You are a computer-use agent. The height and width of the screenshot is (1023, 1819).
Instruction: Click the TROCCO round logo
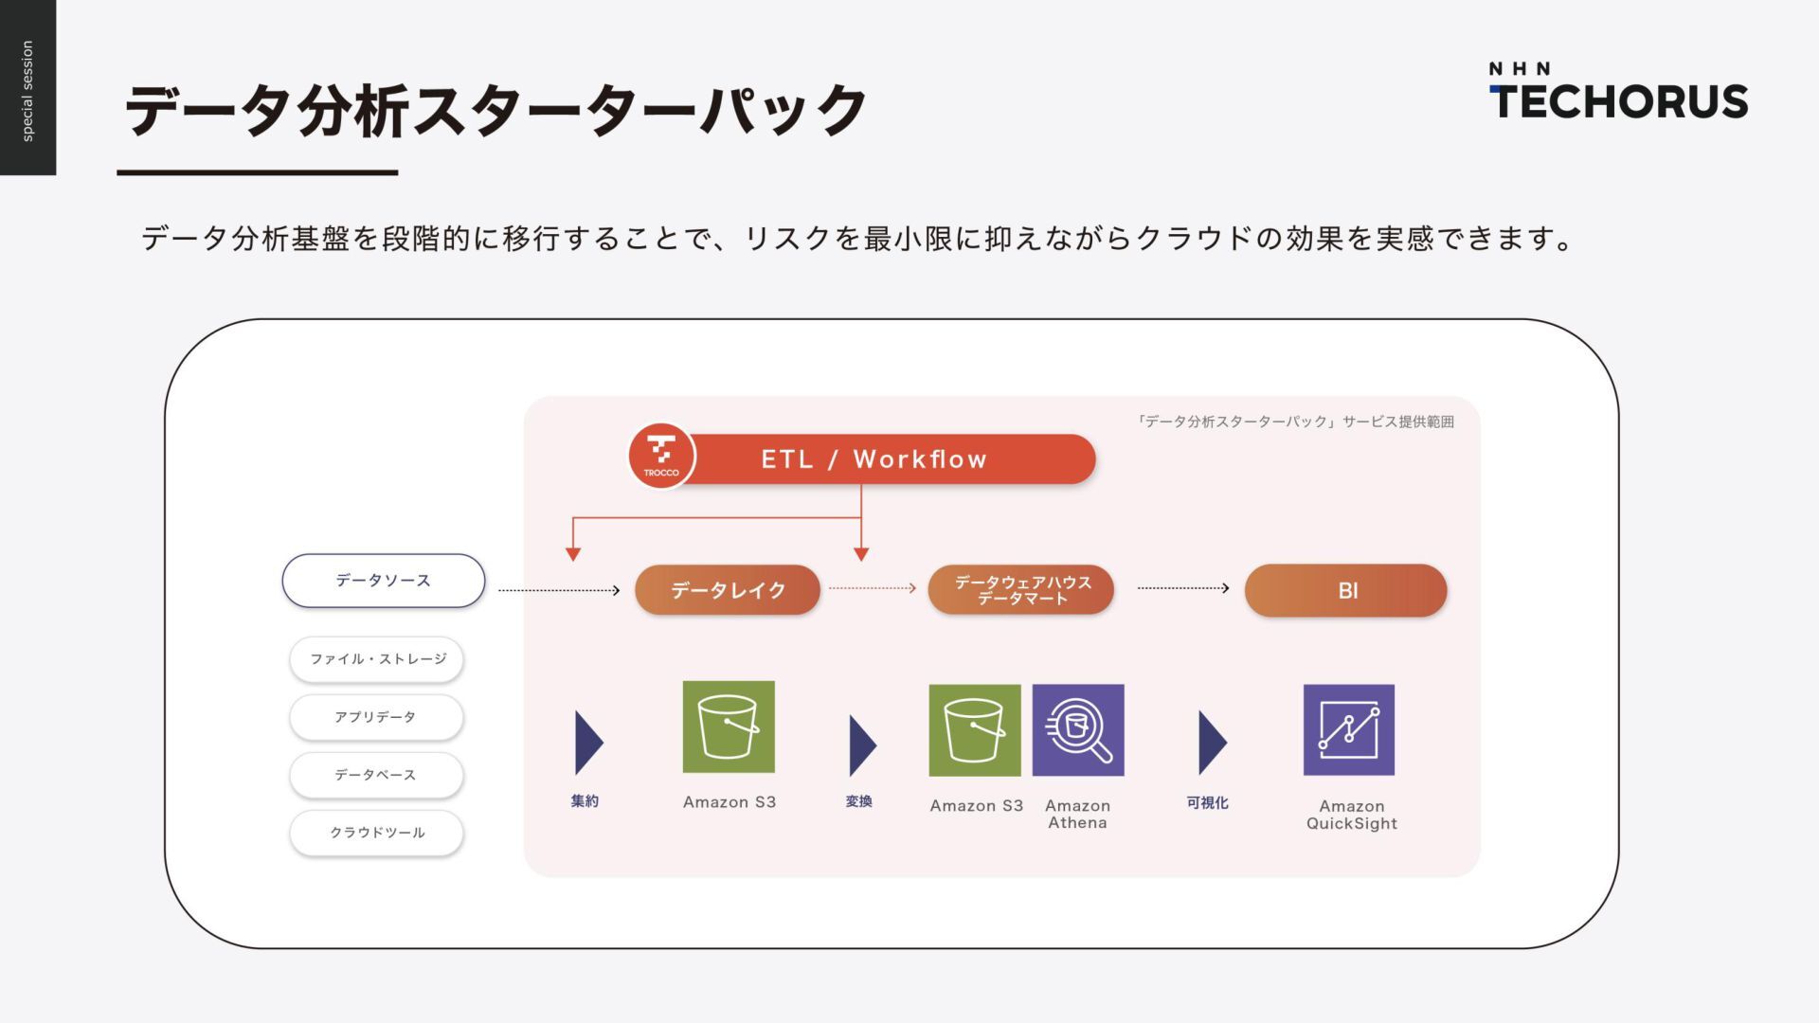[x=661, y=456]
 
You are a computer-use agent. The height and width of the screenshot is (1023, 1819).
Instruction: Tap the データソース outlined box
[x=384, y=581]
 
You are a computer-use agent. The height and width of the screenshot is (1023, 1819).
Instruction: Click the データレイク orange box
[x=728, y=590]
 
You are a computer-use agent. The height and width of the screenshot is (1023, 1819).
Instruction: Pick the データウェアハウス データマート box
[x=1021, y=589]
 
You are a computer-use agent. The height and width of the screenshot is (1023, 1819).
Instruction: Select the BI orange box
[x=1346, y=590]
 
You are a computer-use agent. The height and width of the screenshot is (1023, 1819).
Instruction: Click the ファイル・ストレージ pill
[x=377, y=659]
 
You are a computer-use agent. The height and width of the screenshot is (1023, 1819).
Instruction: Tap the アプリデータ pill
[x=377, y=717]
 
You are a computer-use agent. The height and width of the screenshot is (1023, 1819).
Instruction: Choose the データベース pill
[x=377, y=775]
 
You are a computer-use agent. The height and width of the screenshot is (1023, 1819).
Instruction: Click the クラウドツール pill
[x=377, y=833]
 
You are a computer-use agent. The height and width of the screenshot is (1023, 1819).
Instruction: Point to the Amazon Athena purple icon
[x=1078, y=730]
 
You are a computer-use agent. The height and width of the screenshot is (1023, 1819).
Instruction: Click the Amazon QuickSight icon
[x=1349, y=730]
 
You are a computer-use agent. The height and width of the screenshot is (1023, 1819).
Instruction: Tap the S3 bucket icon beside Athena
[x=975, y=730]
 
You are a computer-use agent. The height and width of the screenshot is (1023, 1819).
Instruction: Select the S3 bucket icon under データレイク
[x=729, y=727]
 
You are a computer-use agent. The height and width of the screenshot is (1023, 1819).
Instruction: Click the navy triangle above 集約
[x=587, y=743]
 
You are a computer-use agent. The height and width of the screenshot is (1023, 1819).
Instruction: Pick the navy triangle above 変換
[x=861, y=745]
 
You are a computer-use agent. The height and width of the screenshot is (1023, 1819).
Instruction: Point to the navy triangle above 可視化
[x=1211, y=743]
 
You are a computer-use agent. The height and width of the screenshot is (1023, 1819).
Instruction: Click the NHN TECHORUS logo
[x=1618, y=92]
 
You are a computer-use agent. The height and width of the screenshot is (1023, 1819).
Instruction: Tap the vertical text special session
[x=27, y=91]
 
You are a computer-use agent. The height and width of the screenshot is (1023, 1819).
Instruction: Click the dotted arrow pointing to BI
[x=1183, y=588]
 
